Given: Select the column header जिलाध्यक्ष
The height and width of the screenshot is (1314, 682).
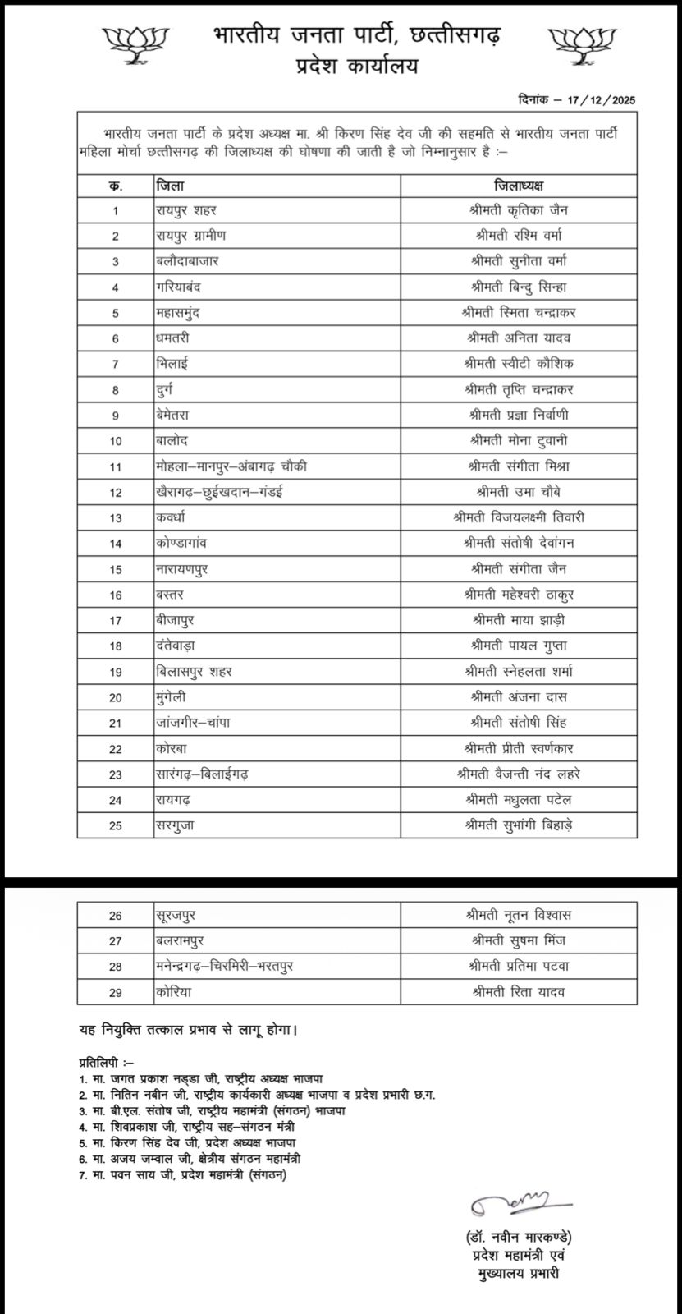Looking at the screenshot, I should (520, 185).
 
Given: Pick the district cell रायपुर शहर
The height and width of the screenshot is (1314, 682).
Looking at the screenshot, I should (186, 210).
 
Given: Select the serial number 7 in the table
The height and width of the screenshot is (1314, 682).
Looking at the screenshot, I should (116, 364).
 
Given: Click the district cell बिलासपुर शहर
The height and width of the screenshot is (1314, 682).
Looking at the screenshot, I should (194, 671).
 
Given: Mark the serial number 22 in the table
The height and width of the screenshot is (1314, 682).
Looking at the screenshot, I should (116, 748).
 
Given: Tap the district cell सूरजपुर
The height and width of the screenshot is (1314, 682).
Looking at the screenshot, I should (177, 915).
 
